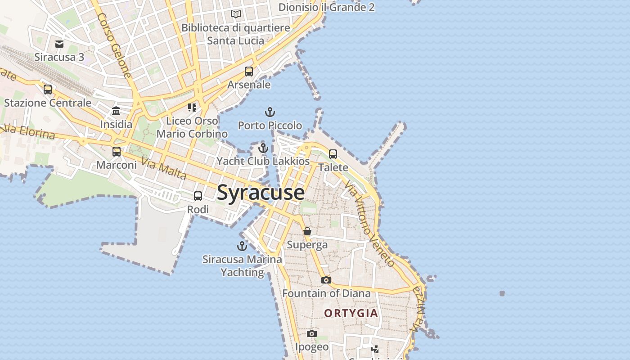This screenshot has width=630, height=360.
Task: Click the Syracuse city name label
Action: point(261,193)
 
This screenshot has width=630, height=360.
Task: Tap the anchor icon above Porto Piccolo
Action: point(270,112)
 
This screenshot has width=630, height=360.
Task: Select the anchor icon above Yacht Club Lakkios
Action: point(263,148)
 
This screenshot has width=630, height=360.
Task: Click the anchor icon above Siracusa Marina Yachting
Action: point(242,246)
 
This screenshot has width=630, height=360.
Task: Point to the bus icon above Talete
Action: point(333,154)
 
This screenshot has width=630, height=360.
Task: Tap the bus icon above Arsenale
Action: point(249,72)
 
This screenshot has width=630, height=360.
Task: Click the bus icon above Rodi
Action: point(198,196)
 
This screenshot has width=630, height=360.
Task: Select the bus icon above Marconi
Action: point(117,152)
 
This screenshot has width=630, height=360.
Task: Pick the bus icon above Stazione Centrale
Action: point(48,90)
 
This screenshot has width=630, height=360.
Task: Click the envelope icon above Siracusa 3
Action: point(59,44)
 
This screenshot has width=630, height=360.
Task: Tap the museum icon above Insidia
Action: point(116,111)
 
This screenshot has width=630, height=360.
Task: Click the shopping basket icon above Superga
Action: point(307,231)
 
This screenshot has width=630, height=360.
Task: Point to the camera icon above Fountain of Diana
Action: point(326,280)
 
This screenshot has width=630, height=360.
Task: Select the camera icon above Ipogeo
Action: point(312,333)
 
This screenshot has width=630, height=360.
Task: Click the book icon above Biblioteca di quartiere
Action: point(236,14)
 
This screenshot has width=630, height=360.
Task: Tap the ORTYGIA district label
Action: point(351,313)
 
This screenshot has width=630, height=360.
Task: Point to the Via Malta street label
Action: point(164,169)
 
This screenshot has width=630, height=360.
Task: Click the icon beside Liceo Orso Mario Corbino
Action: point(192,108)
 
